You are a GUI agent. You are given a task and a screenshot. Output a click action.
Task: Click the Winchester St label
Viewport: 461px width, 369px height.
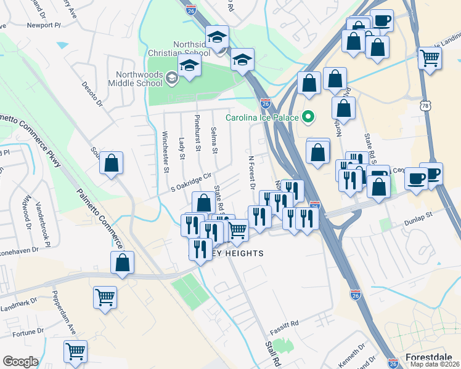pyautogui.click(x=166, y=151)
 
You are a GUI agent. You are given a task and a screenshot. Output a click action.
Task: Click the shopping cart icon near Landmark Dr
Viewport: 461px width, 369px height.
pyautogui.click(x=105, y=298)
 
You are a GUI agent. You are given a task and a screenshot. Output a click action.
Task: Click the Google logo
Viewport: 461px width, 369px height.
pyautogui.click(x=20, y=362)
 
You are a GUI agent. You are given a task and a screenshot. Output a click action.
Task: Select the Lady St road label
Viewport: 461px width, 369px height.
pyautogui.click(x=182, y=148)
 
